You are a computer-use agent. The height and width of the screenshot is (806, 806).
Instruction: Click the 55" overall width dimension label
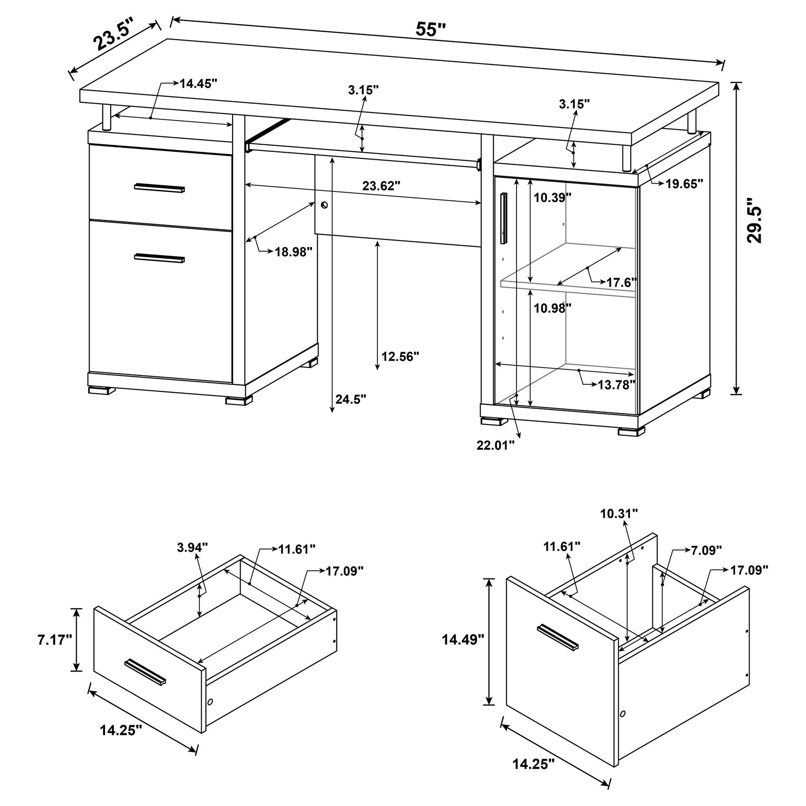(431, 29)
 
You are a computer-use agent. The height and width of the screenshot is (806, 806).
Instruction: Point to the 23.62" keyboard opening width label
(381, 186)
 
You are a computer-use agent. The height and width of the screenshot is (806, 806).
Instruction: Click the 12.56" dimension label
(400, 357)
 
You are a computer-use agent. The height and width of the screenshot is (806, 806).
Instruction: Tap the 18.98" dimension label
(293, 252)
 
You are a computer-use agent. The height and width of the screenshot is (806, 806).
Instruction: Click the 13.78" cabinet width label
(616, 384)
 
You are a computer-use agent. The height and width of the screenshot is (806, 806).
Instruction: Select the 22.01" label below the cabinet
(495, 445)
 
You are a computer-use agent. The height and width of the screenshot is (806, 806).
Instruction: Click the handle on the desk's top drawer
(159, 188)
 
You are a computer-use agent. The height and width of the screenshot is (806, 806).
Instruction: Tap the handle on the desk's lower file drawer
(159, 258)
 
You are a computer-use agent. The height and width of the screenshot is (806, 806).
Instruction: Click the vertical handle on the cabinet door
(503, 218)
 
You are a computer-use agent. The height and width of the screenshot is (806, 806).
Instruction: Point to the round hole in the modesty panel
(325, 205)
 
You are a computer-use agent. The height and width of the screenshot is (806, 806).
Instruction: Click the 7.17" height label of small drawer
(55, 639)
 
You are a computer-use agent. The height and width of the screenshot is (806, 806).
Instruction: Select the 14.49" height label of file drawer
(463, 639)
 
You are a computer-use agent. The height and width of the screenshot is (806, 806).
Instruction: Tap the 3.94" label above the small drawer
(192, 547)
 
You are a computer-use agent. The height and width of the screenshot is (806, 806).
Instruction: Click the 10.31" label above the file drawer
(619, 514)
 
